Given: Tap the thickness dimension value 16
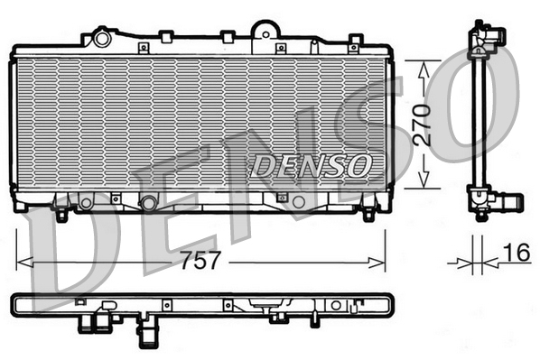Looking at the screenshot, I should pyautogui.click(x=517, y=254).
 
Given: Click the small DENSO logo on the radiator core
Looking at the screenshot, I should pyautogui.click(x=310, y=165).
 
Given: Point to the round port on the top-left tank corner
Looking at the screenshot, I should pyautogui.click(x=102, y=39).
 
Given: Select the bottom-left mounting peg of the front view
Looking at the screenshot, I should pyautogui.click(x=61, y=215).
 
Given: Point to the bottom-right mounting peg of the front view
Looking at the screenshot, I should pyautogui.click(x=368, y=215).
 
